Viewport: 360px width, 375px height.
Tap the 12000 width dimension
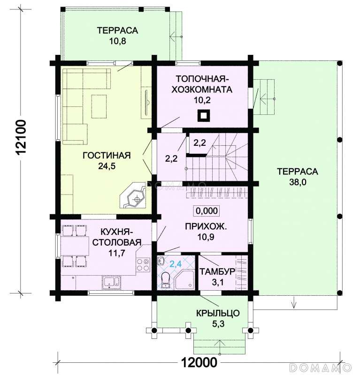click(199, 362)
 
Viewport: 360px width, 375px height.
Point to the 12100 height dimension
click(21, 137)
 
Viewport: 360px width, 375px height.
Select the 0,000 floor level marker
click(207, 210)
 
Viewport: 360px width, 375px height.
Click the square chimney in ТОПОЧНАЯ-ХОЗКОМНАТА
click(203, 116)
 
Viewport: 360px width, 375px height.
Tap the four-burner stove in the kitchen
click(143, 264)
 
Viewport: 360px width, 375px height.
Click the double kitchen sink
click(111, 282)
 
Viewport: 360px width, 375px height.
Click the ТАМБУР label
click(217, 272)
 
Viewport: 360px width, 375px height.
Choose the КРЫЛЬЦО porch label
click(218, 313)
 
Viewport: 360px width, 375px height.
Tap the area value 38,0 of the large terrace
click(298, 182)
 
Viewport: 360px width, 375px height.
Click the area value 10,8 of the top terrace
click(117, 41)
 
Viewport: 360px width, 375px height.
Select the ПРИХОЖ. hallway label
click(206, 226)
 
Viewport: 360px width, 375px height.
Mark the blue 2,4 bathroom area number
click(176, 264)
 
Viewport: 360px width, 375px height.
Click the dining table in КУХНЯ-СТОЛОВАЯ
click(75, 246)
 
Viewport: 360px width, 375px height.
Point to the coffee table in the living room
click(99, 106)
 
